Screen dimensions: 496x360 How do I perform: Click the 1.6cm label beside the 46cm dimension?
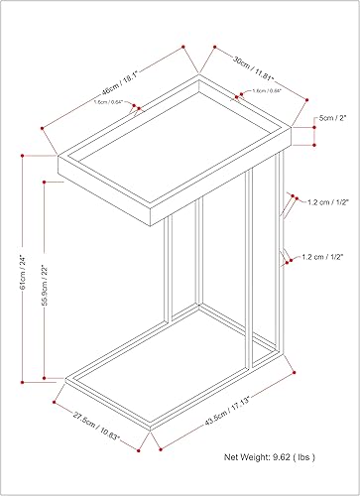[107, 101]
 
